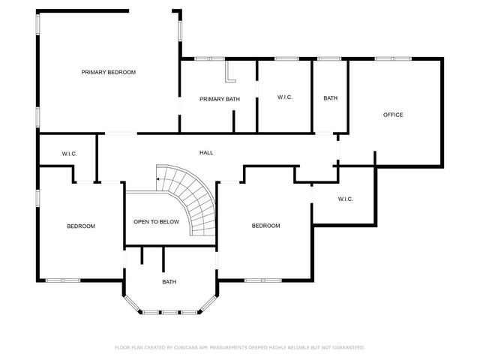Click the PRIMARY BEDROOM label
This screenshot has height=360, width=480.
(109, 72)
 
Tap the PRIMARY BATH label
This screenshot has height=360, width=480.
(219, 99)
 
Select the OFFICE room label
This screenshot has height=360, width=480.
(393, 115)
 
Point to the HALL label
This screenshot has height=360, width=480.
(205, 153)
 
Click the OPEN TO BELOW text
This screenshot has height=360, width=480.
(156, 222)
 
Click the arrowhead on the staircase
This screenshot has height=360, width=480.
(157, 180)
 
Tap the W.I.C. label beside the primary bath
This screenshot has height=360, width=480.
(284, 97)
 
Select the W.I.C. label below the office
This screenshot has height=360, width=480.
(345, 199)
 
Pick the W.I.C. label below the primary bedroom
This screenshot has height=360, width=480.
(69, 154)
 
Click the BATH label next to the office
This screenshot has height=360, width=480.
(330, 98)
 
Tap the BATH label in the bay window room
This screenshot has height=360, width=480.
(169, 282)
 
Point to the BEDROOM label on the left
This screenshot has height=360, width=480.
(81, 226)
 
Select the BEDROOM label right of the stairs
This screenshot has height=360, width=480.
(265, 226)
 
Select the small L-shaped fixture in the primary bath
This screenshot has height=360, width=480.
(230, 73)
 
